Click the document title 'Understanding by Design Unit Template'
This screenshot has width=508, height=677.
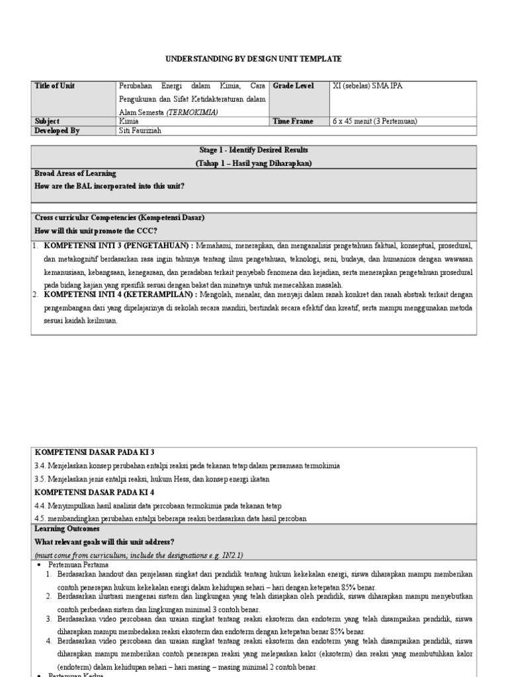[253, 59]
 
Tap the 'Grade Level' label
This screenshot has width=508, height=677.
[293, 87]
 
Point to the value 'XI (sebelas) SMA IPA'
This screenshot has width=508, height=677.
[367, 87]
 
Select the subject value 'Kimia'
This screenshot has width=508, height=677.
[129, 122]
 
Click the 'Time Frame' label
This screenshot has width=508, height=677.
[293, 122]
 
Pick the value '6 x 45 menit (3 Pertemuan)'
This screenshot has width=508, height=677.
[375, 122]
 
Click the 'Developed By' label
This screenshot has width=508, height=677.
[57, 131]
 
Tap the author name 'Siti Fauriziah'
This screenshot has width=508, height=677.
[140, 131]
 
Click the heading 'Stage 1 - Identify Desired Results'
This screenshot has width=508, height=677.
[253, 151]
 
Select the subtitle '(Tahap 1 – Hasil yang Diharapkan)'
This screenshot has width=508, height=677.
[253, 163]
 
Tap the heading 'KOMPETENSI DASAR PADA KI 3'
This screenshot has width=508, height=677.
[94, 452]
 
